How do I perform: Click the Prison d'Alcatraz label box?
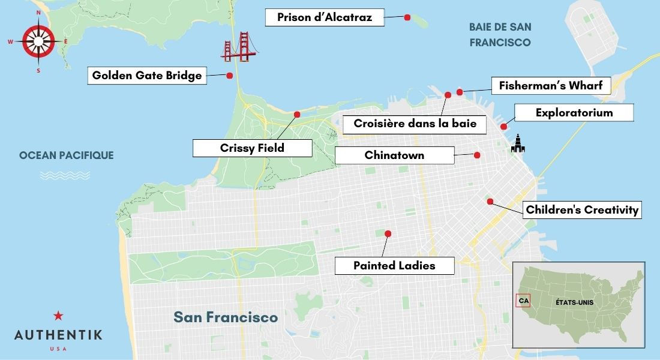pos(324,17)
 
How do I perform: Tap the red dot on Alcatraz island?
pos(407,17)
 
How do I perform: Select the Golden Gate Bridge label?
pos(147,76)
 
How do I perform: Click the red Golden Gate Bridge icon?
pos(238,47)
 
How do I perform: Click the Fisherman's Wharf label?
pos(550,86)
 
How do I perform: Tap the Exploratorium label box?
pos(574,113)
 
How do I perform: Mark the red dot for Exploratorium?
pos(503,127)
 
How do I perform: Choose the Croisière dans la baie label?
pos(415,124)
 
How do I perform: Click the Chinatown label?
pos(394,155)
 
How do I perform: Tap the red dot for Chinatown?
pos(477,155)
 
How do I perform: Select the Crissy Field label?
pos(252,148)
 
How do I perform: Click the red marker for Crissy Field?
pos(296,114)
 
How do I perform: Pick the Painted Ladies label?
pos(394,265)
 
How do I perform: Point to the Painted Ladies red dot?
pos(388,233)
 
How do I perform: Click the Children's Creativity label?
pos(581,210)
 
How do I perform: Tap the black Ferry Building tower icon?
pos(518,143)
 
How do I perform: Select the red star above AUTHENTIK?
pos(58,316)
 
